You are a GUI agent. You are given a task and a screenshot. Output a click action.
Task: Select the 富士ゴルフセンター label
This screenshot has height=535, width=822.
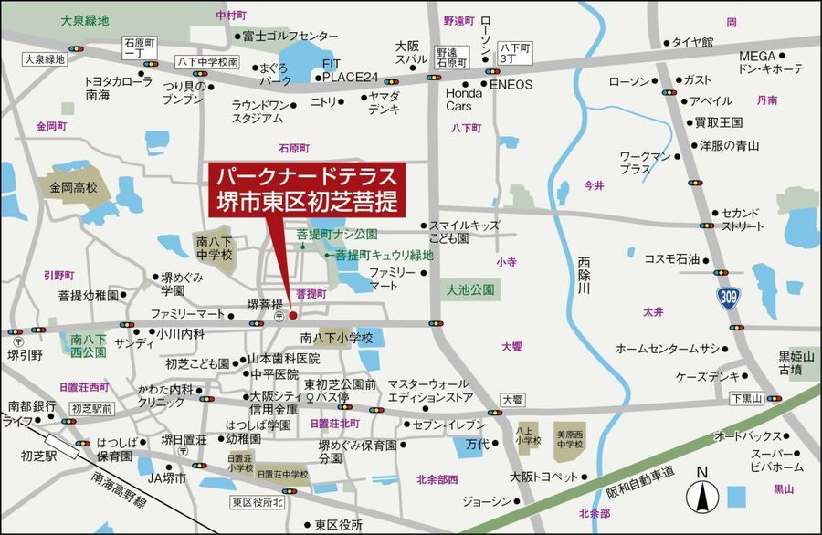point(290,37)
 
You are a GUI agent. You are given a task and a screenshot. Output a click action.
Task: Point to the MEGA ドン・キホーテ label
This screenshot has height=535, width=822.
point(772,62)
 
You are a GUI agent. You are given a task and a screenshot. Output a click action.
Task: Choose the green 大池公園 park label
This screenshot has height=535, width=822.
point(469,290)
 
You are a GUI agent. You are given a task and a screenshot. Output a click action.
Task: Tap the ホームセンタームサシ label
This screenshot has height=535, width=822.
point(668,349)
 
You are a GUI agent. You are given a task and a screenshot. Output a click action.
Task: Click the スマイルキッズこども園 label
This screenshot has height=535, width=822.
point(463,231)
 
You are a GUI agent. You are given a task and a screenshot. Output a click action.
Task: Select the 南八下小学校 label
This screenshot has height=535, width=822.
point(343,338)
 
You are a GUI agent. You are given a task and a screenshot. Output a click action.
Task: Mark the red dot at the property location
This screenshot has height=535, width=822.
point(293,316)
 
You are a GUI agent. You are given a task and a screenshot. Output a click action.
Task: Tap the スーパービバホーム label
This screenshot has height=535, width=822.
point(777,460)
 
